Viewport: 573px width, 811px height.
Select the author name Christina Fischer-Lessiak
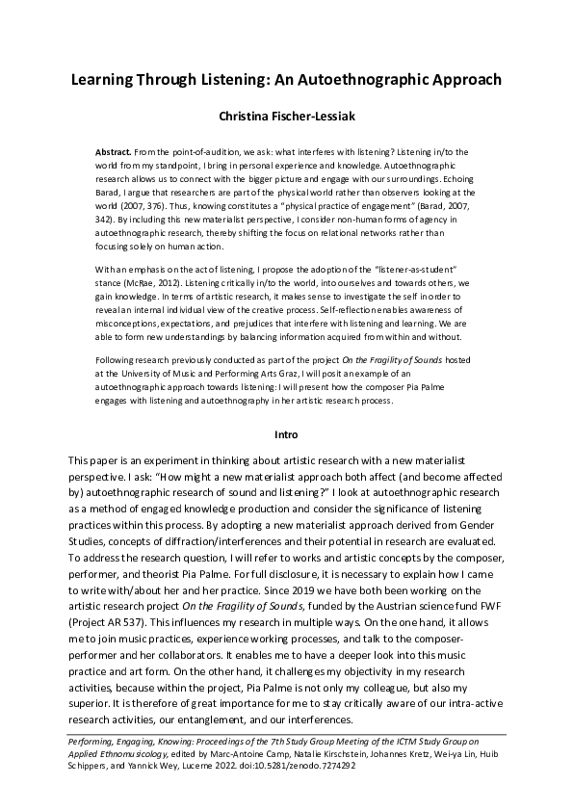(x=286, y=120)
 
